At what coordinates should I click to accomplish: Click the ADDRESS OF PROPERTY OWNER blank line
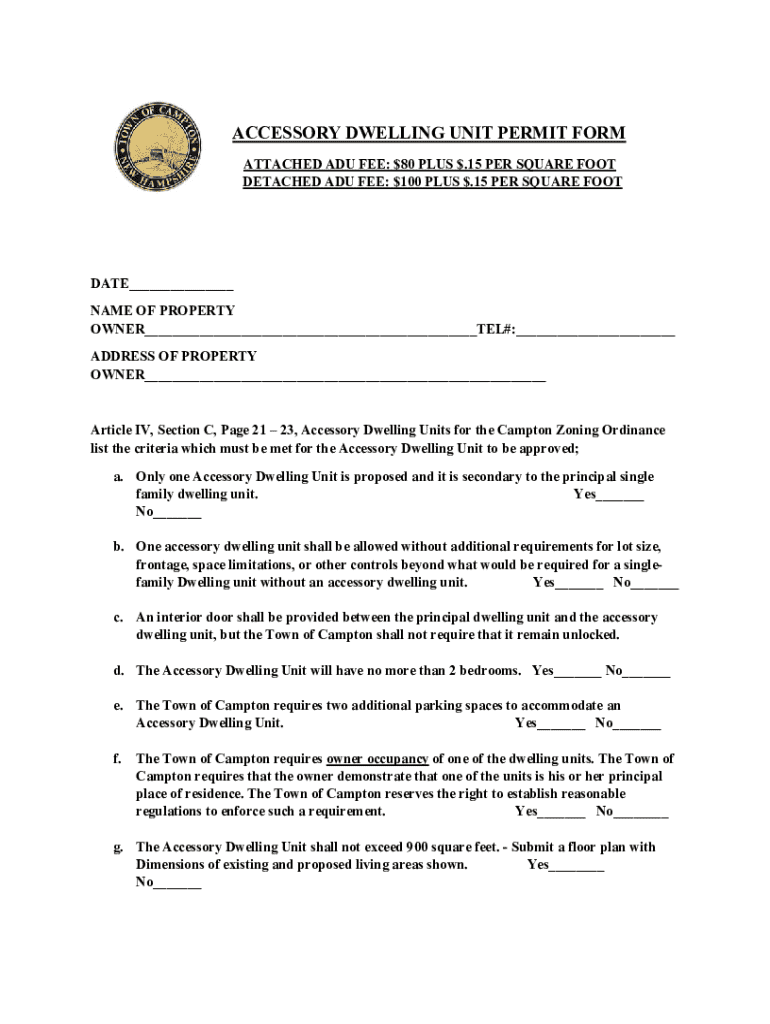345,378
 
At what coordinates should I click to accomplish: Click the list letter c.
118,618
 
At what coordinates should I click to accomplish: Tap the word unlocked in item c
589,636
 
